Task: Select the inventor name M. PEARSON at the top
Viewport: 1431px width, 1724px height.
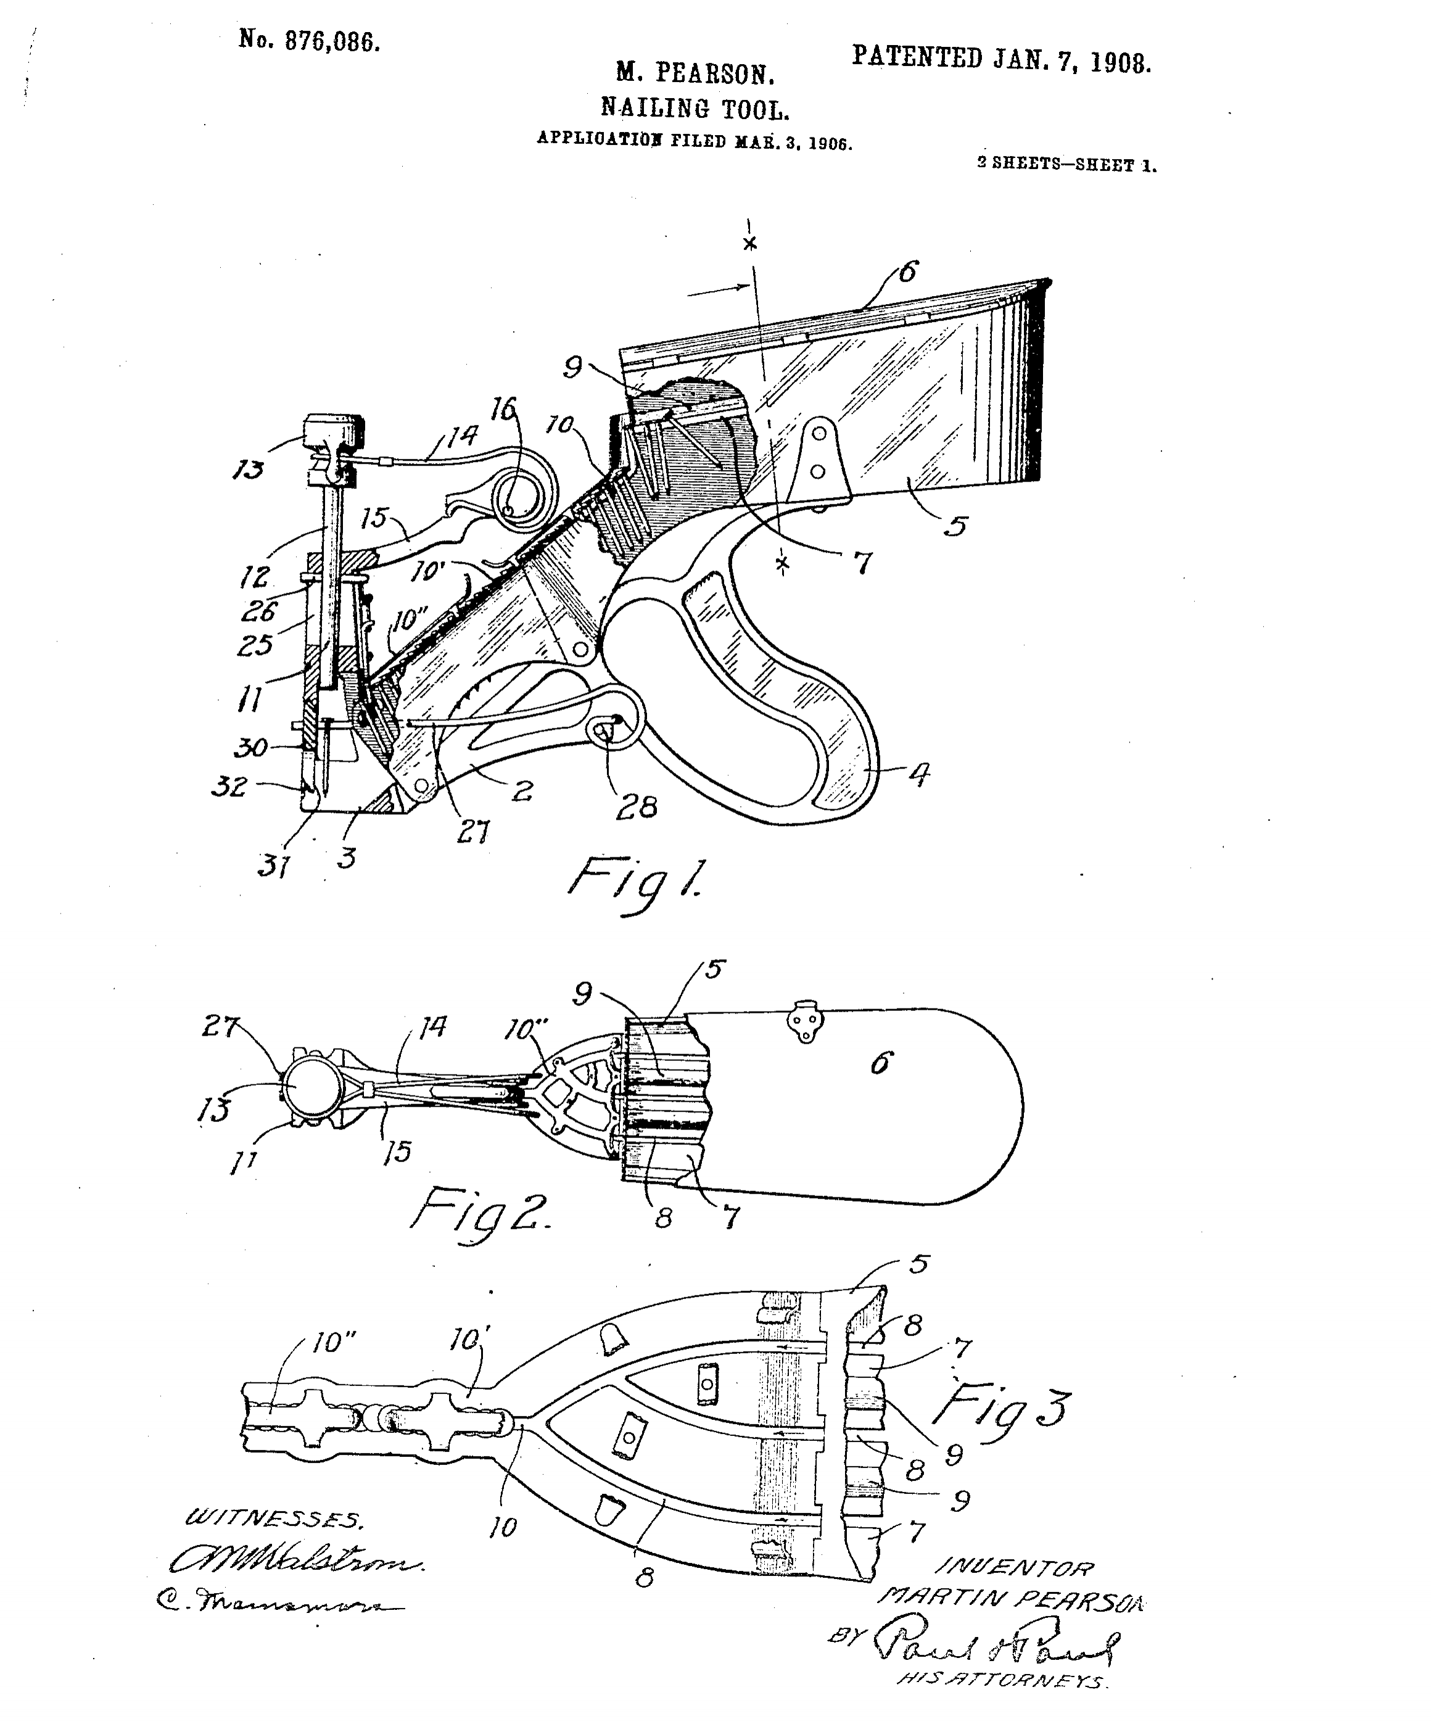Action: [695, 75]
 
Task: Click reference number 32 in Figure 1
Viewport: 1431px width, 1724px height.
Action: [229, 786]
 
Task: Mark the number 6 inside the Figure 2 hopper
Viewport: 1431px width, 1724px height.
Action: [880, 1065]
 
